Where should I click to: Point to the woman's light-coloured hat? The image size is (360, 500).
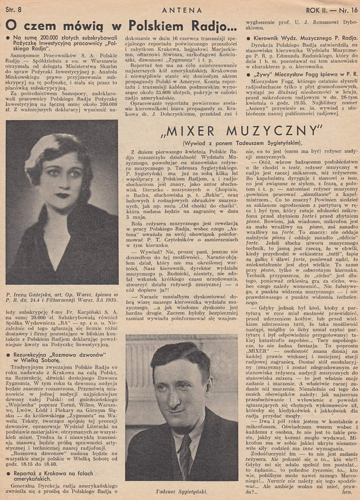[x=48, y=151]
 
